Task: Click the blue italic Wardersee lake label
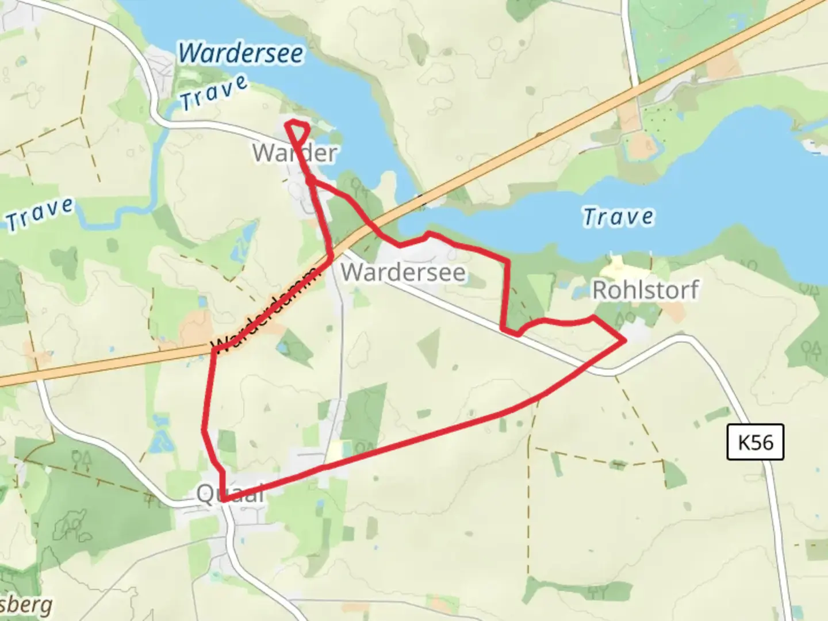[x=240, y=53]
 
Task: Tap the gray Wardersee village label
[x=403, y=272]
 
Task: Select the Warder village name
[x=294, y=153]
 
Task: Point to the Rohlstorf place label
[x=645, y=290]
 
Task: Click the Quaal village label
[x=230, y=493]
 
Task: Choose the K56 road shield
[x=755, y=442]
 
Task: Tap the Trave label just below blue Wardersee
[x=213, y=93]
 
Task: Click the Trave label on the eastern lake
[x=618, y=217]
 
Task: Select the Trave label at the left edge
[x=39, y=213]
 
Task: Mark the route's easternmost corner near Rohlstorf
[x=624, y=340]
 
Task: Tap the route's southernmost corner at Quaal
[x=223, y=500]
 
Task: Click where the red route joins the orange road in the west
[x=214, y=349]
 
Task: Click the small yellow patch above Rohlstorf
[x=616, y=265]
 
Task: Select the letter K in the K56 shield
[x=744, y=442]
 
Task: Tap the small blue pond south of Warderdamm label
[x=283, y=348]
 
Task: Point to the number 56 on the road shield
[x=762, y=442]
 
